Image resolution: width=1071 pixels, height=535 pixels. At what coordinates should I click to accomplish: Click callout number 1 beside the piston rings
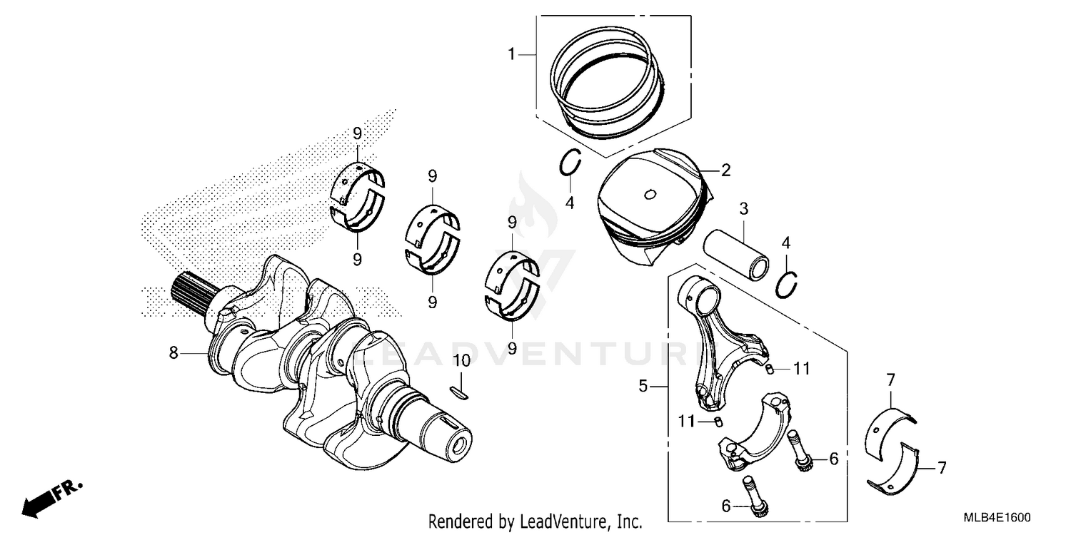pyautogui.click(x=511, y=53)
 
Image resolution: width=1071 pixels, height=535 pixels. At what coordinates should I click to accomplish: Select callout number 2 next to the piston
pyautogui.click(x=725, y=170)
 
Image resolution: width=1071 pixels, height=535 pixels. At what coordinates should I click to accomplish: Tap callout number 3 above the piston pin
pyautogui.click(x=743, y=209)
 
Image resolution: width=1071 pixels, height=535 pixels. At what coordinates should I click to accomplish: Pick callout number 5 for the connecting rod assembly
pyautogui.click(x=643, y=387)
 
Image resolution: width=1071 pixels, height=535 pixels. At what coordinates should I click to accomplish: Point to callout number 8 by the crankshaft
pyautogui.click(x=173, y=352)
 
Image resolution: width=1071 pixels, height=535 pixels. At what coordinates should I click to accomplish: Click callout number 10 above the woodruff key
pyautogui.click(x=462, y=360)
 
